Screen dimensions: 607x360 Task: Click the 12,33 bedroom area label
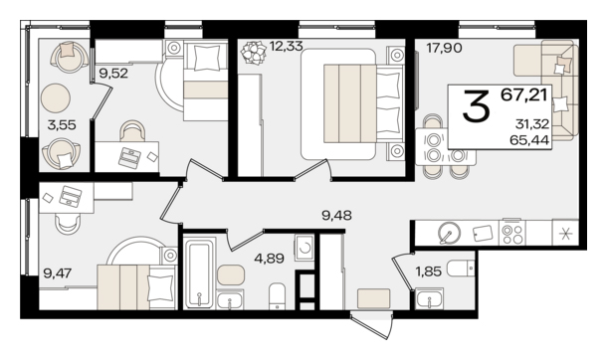(x=286, y=47)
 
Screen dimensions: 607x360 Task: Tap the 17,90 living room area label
(x=445, y=49)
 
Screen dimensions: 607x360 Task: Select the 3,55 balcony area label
(x=62, y=125)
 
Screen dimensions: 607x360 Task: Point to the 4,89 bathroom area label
(x=269, y=258)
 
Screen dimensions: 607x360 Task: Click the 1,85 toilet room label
(x=428, y=271)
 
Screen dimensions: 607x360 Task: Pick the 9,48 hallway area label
(x=336, y=215)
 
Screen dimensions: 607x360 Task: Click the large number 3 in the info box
(x=477, y=105)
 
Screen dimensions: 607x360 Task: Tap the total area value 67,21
(x=524, y=94)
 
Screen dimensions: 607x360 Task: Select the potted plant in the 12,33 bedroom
(x=254, y=52)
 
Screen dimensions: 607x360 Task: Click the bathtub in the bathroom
(x=199, y=273)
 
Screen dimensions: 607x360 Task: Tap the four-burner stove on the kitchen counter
(x=512, y=233)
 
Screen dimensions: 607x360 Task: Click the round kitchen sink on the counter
(x=449, y=233)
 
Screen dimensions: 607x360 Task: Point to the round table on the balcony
(x=56, y=98)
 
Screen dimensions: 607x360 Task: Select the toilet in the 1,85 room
(x=461, y=268)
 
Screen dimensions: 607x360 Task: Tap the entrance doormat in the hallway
(x=373, y=298)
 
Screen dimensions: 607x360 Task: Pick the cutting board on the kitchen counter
(x=483, y=233)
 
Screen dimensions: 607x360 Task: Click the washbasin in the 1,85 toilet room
(x=429, y=299)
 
